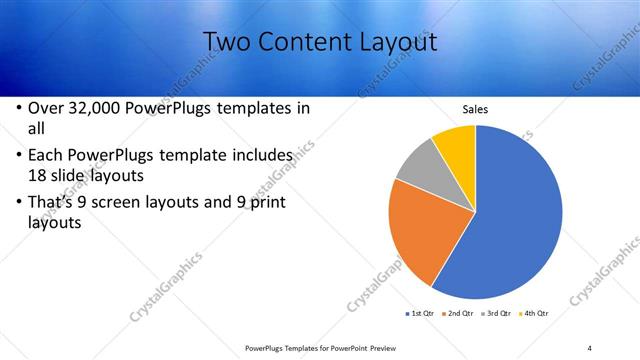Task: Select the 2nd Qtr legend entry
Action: coord(459,314)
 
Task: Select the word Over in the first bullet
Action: coord(46,108)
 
